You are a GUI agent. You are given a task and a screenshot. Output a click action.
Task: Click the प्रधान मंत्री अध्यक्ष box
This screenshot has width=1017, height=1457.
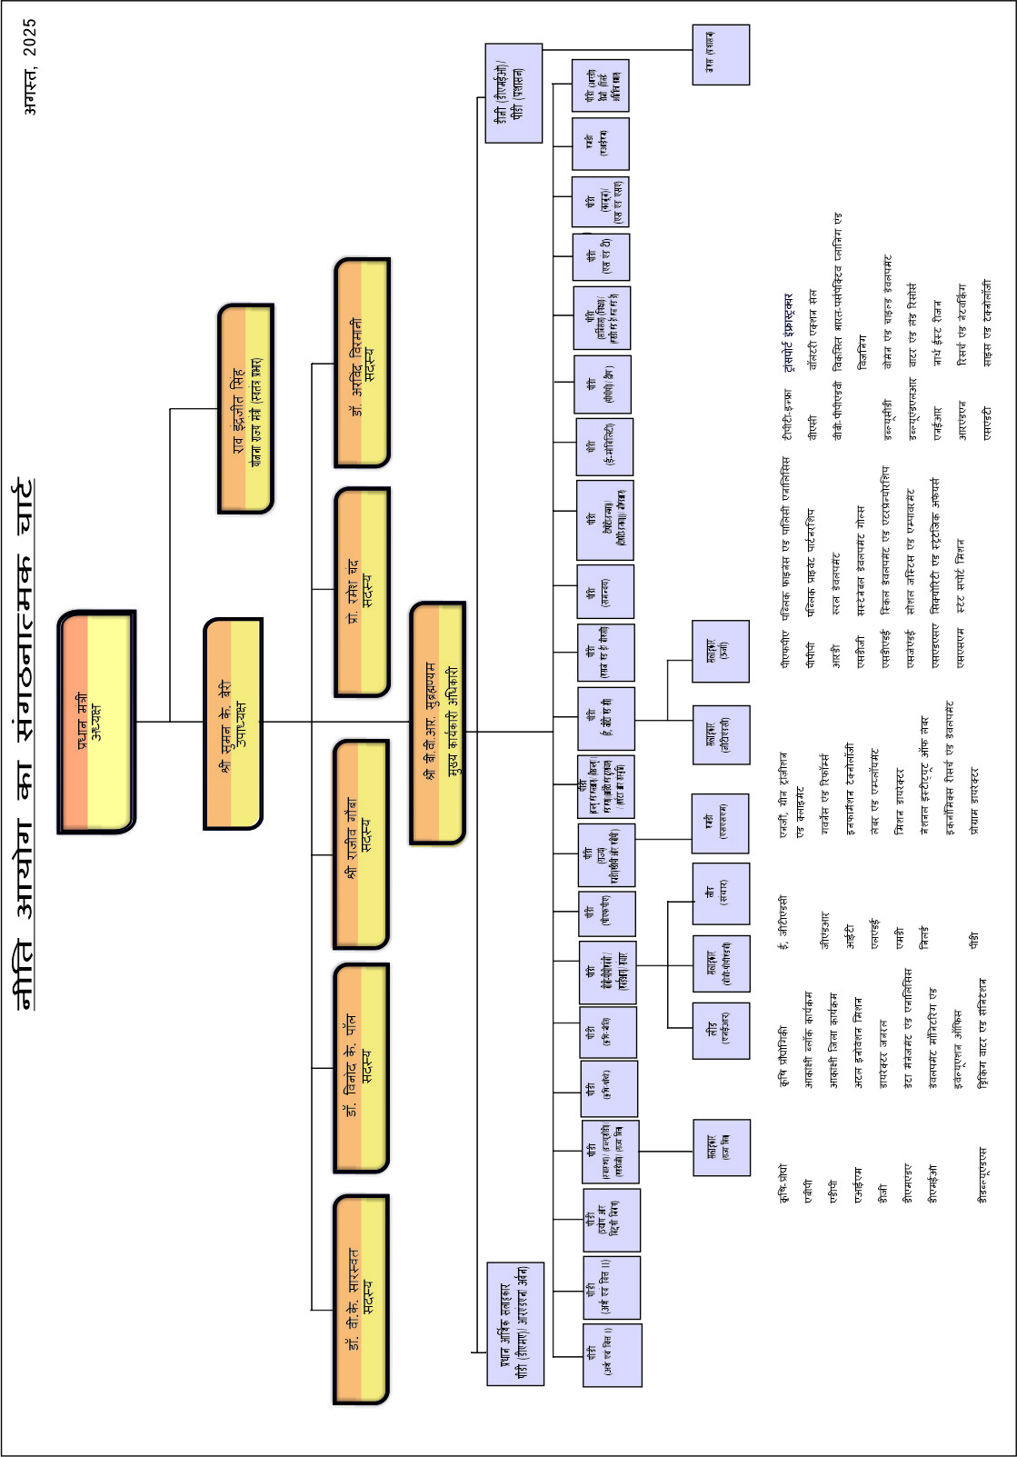pyautogui.click(x=96, y=722)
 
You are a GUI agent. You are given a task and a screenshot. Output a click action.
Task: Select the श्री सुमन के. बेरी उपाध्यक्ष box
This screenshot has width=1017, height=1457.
pyautogui.click(x=234, y=724)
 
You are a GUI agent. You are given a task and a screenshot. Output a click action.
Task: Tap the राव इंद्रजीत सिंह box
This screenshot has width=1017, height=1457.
pyautogui.click(x=245, y=409)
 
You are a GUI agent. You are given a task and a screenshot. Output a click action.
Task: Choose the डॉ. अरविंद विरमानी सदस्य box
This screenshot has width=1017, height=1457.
pyautogui.click(x=363, y=363)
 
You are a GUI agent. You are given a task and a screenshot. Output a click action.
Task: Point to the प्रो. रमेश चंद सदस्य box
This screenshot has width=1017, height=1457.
pyautogui.click(x=363, y=592)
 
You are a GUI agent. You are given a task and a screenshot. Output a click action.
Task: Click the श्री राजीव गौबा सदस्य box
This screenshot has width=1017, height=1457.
pyautogui.click(x=362, y=844)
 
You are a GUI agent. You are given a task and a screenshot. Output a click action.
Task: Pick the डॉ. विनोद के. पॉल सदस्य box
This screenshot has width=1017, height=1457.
pyautogui.click(x=362, y=1068)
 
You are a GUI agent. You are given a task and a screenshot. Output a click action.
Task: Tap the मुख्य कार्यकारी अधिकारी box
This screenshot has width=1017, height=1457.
pyautogui.click(x=438, y=723)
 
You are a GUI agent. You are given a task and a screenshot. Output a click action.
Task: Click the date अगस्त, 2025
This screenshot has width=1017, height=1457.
pyautogui.click(x=30, y=66)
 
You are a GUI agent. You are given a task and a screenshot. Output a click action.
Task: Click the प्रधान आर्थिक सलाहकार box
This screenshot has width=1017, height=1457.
pyautogui.click(x=515, y=1323)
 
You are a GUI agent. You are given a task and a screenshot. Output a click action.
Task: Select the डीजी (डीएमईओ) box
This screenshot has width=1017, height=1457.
pyautogui.click(x=513, y=93)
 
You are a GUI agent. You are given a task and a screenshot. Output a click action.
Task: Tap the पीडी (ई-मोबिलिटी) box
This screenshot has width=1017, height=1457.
pyautogui.click(x=604, y=446)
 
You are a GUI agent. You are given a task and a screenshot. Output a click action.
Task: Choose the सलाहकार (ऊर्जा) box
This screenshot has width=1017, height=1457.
pyautogui.click(x=721, y=651)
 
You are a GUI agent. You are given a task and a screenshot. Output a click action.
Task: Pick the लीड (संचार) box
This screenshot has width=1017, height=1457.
pyautogui.click(x=721, y=893)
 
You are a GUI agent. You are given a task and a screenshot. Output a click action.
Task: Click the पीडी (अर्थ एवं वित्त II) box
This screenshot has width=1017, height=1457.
pyautogui.click(x=612, y=1287)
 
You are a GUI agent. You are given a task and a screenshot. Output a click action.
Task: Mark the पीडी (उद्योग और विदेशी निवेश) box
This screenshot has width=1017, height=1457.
pyautogui.click(x=612, y=1220)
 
